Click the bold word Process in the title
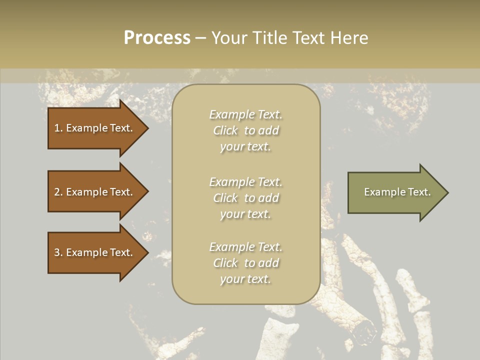157,38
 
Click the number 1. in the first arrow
58,128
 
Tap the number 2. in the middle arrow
58,192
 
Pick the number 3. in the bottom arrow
58,252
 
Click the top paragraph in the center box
245,130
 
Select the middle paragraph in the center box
245,198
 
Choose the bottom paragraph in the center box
245,263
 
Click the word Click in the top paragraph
225,130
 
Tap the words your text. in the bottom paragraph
245,279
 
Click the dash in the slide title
200,38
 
